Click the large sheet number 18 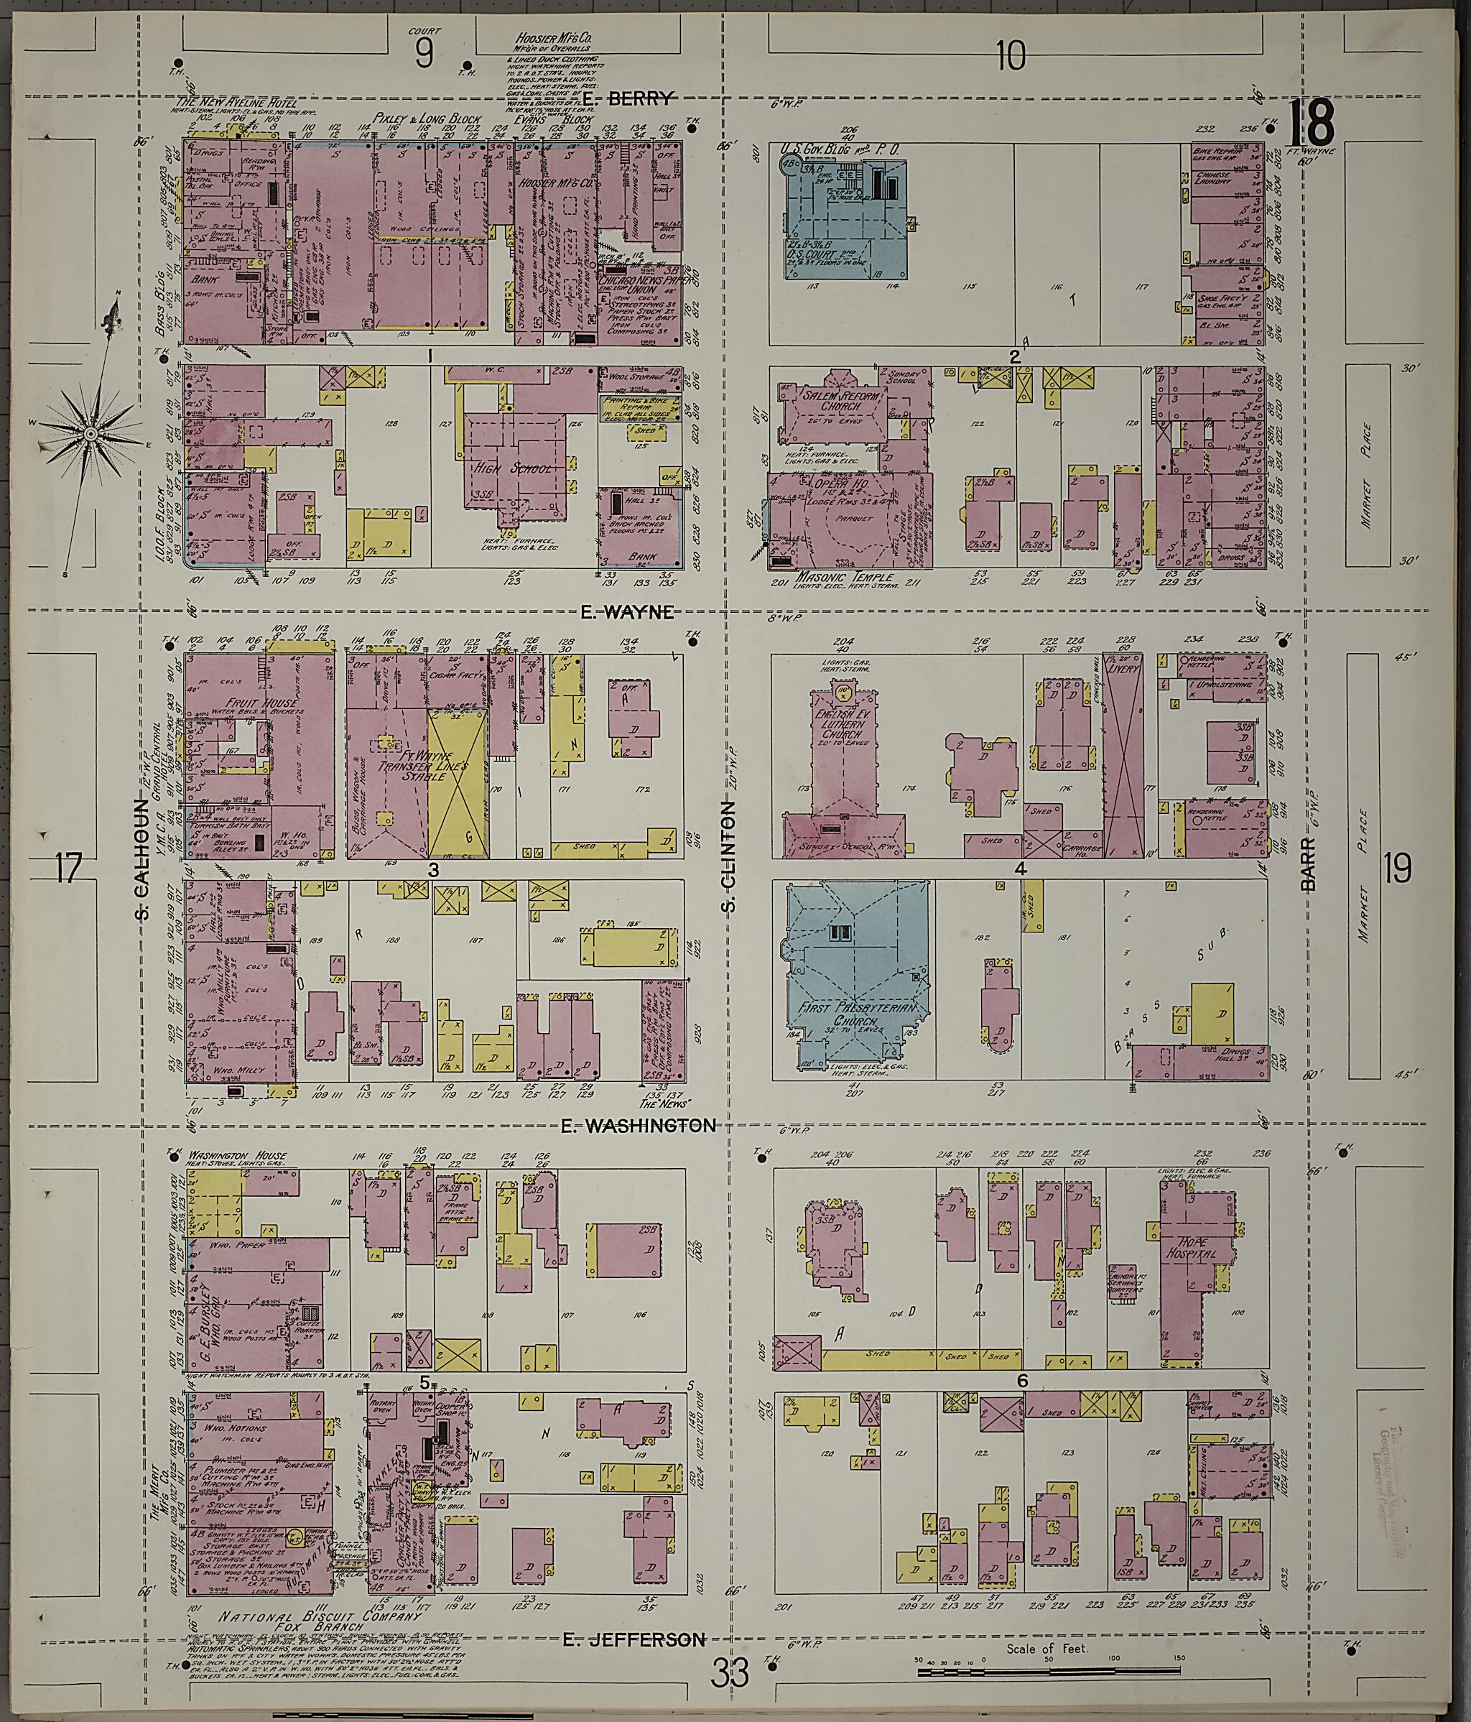tap(1313, 123)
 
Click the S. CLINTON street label tap(730, 856)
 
